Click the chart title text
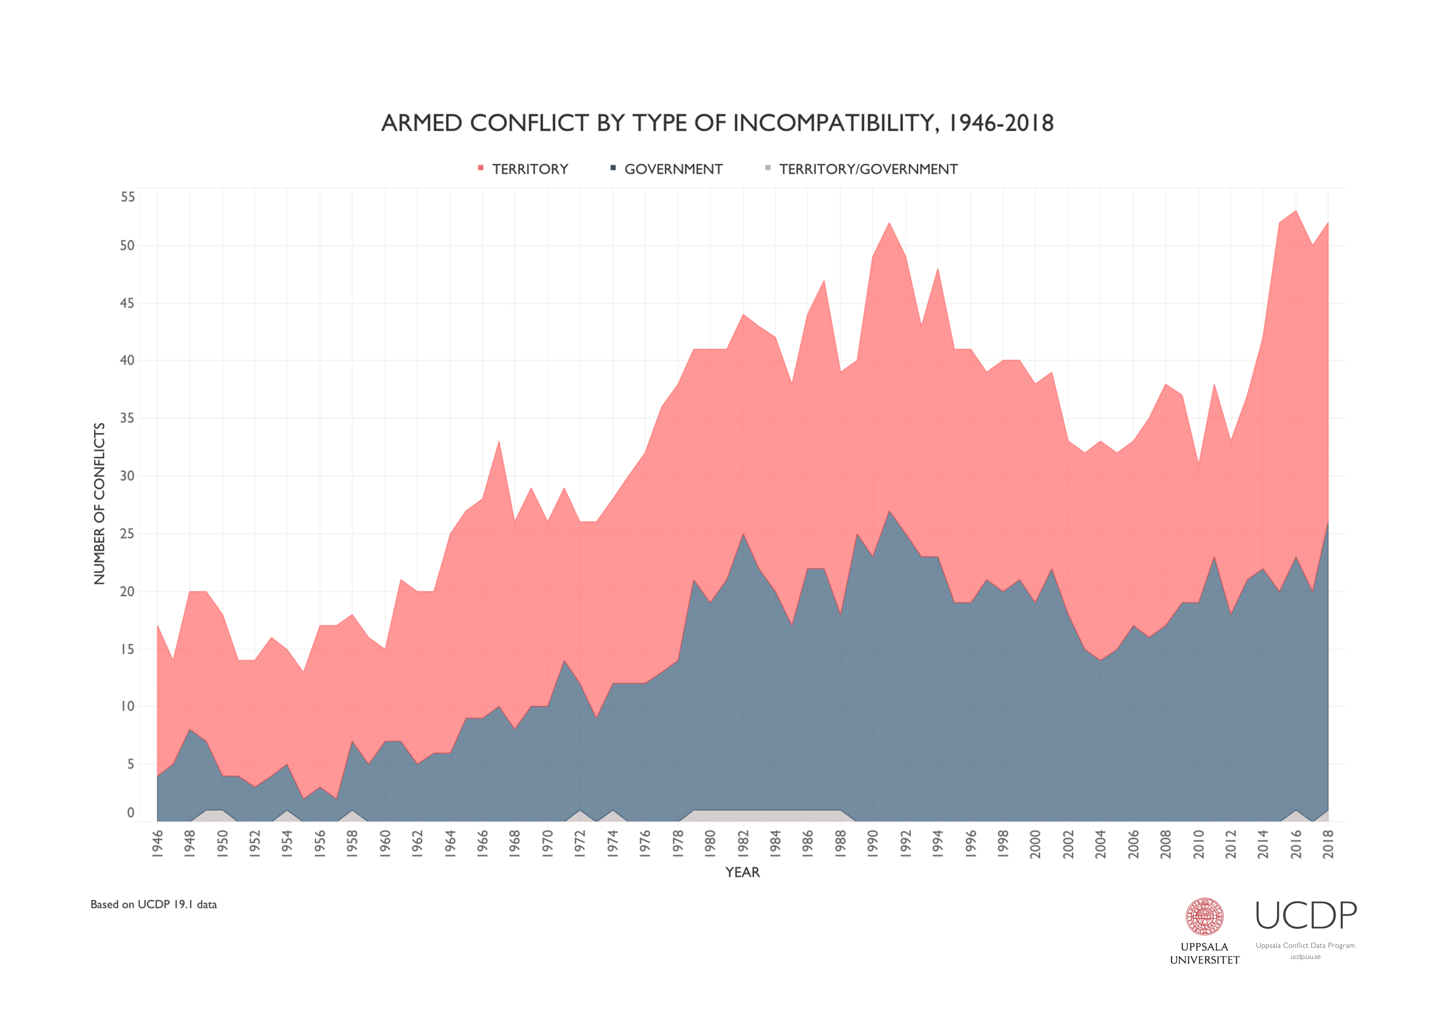click(717, 123)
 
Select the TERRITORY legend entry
click(529, 169)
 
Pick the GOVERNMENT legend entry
click(673, 169)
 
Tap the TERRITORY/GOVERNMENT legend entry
click(868, 169)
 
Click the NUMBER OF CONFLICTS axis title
click(99, 504)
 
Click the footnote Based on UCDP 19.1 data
click(154, 904)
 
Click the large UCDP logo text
click(1305, 916)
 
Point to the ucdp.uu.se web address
click(1305, 957)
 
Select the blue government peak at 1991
click(889, 513)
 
